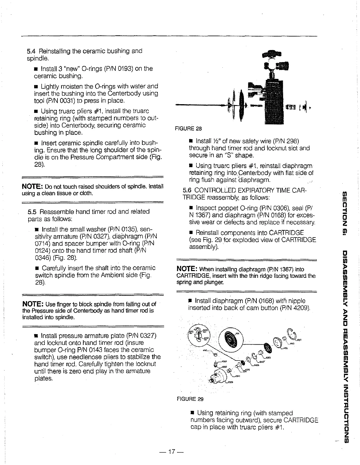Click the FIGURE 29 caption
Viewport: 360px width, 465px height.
(190, 399)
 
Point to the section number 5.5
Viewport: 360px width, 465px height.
(32, 212)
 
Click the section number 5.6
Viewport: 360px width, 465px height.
(187, 190)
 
